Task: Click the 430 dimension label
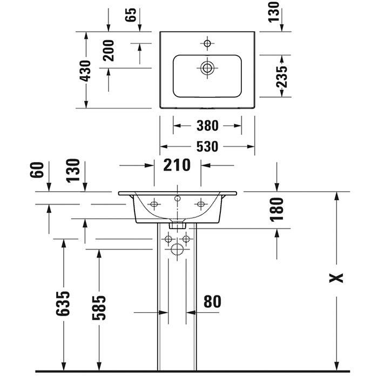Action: pos(84,70)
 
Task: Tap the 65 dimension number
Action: pos(130,15)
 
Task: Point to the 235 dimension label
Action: pos(281,76)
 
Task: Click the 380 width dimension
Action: pos(207,126)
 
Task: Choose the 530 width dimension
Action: pos(207,146)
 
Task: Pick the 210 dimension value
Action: pos(178,165)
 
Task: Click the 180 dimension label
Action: pos(276,210)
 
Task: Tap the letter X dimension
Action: pos(337,278)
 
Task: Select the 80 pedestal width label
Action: pos(212,301)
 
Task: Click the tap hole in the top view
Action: pos(207,42)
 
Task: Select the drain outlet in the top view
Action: pos(207,67)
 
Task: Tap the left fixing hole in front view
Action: pos(154,204)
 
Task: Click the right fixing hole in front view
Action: pos(200,204)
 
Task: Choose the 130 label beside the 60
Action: pos(73,171)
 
